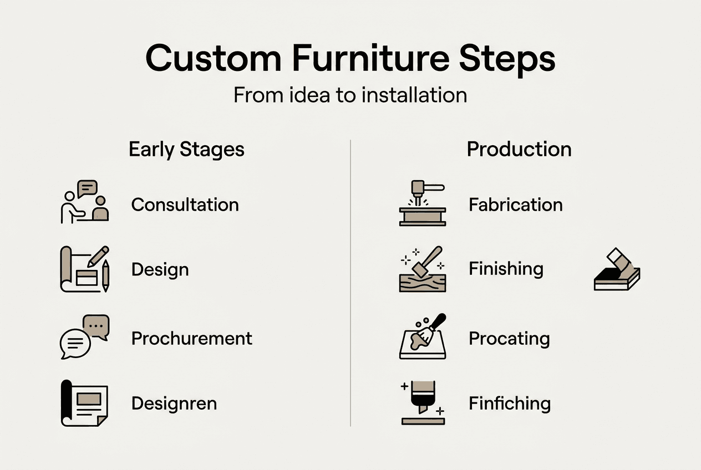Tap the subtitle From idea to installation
click(x=350, y=95)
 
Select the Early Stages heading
click(x=186, y=150)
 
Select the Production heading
click(x=519, y=150)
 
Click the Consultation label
click(x=185, y=205)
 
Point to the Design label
click(x=160, y=270)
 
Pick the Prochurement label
click(x=191, y=338)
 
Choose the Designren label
click(x=174, y=403)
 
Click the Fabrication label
click(x=515, y=205)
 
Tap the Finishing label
click(x=506, y=269)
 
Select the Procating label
click(x=509, y=338)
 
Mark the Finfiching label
click(x=510, y=403)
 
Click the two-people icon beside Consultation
click(x=84, y=202)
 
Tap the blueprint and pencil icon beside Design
click(x=84, y=269)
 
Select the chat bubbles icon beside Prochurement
click(x=84, y=337)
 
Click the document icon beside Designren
click(x=84, y=403)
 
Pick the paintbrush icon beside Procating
click(x=423, y=336)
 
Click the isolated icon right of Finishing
click(x=617, y=270)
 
